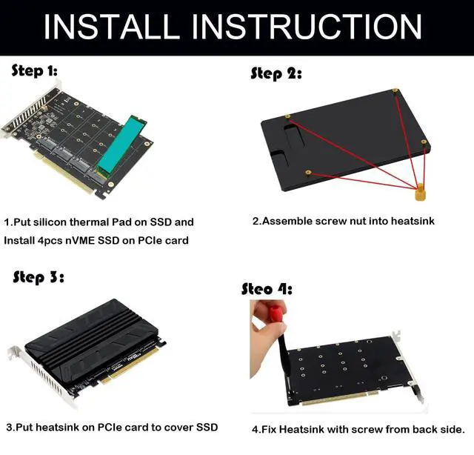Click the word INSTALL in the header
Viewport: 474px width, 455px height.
pyautogui.click(x=111, y=27)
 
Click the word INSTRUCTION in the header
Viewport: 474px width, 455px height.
pyautogui.click(x=306, y=27)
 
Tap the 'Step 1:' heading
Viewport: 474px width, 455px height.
pyautogui.click(x=34, y=71)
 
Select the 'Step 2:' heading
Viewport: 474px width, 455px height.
pyautogui.click(x=276, y=74)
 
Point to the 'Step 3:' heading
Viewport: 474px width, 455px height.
pyautogui.click(x=39, y=278)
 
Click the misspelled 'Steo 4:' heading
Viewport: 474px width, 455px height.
pyautogui.click(x=267, y=289)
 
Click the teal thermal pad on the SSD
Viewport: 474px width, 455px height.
pyautogui.click(x=121, y=144)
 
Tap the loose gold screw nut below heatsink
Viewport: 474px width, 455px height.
pyautogui.click(x=420, y=193)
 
